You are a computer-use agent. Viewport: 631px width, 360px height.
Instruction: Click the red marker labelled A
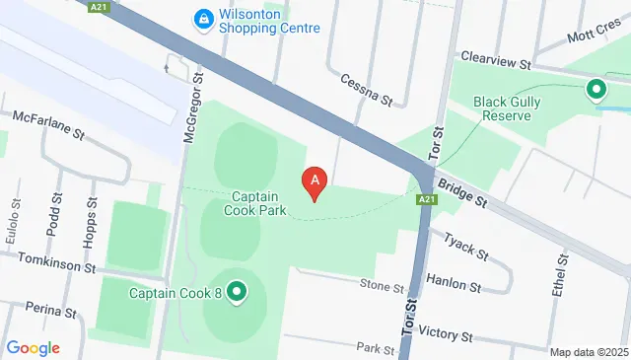click(315, 182)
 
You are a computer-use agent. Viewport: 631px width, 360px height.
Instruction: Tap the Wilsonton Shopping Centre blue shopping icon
click(203, 18)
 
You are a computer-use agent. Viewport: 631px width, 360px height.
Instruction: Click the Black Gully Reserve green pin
click(596, 91)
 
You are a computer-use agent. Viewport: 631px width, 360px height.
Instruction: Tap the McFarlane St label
click(49, 130)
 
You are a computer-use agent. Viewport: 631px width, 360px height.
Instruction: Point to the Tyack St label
click(466, 246)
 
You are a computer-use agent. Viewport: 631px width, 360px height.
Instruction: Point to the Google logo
click(33, 347)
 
